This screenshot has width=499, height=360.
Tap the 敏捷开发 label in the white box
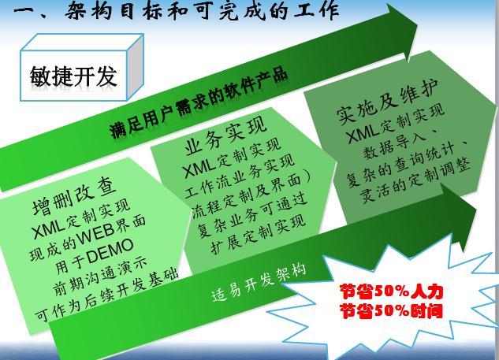73,76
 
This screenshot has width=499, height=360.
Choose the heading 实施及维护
387,101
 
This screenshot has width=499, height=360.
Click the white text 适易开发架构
259,283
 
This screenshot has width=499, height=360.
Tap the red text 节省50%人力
392,291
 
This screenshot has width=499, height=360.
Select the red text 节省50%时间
392,310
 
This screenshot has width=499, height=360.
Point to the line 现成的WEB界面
88,239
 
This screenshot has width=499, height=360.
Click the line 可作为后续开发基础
107,295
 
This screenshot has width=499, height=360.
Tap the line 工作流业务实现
240,176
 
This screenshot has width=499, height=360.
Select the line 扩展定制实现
258,235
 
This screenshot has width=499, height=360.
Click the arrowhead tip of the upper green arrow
418,24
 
